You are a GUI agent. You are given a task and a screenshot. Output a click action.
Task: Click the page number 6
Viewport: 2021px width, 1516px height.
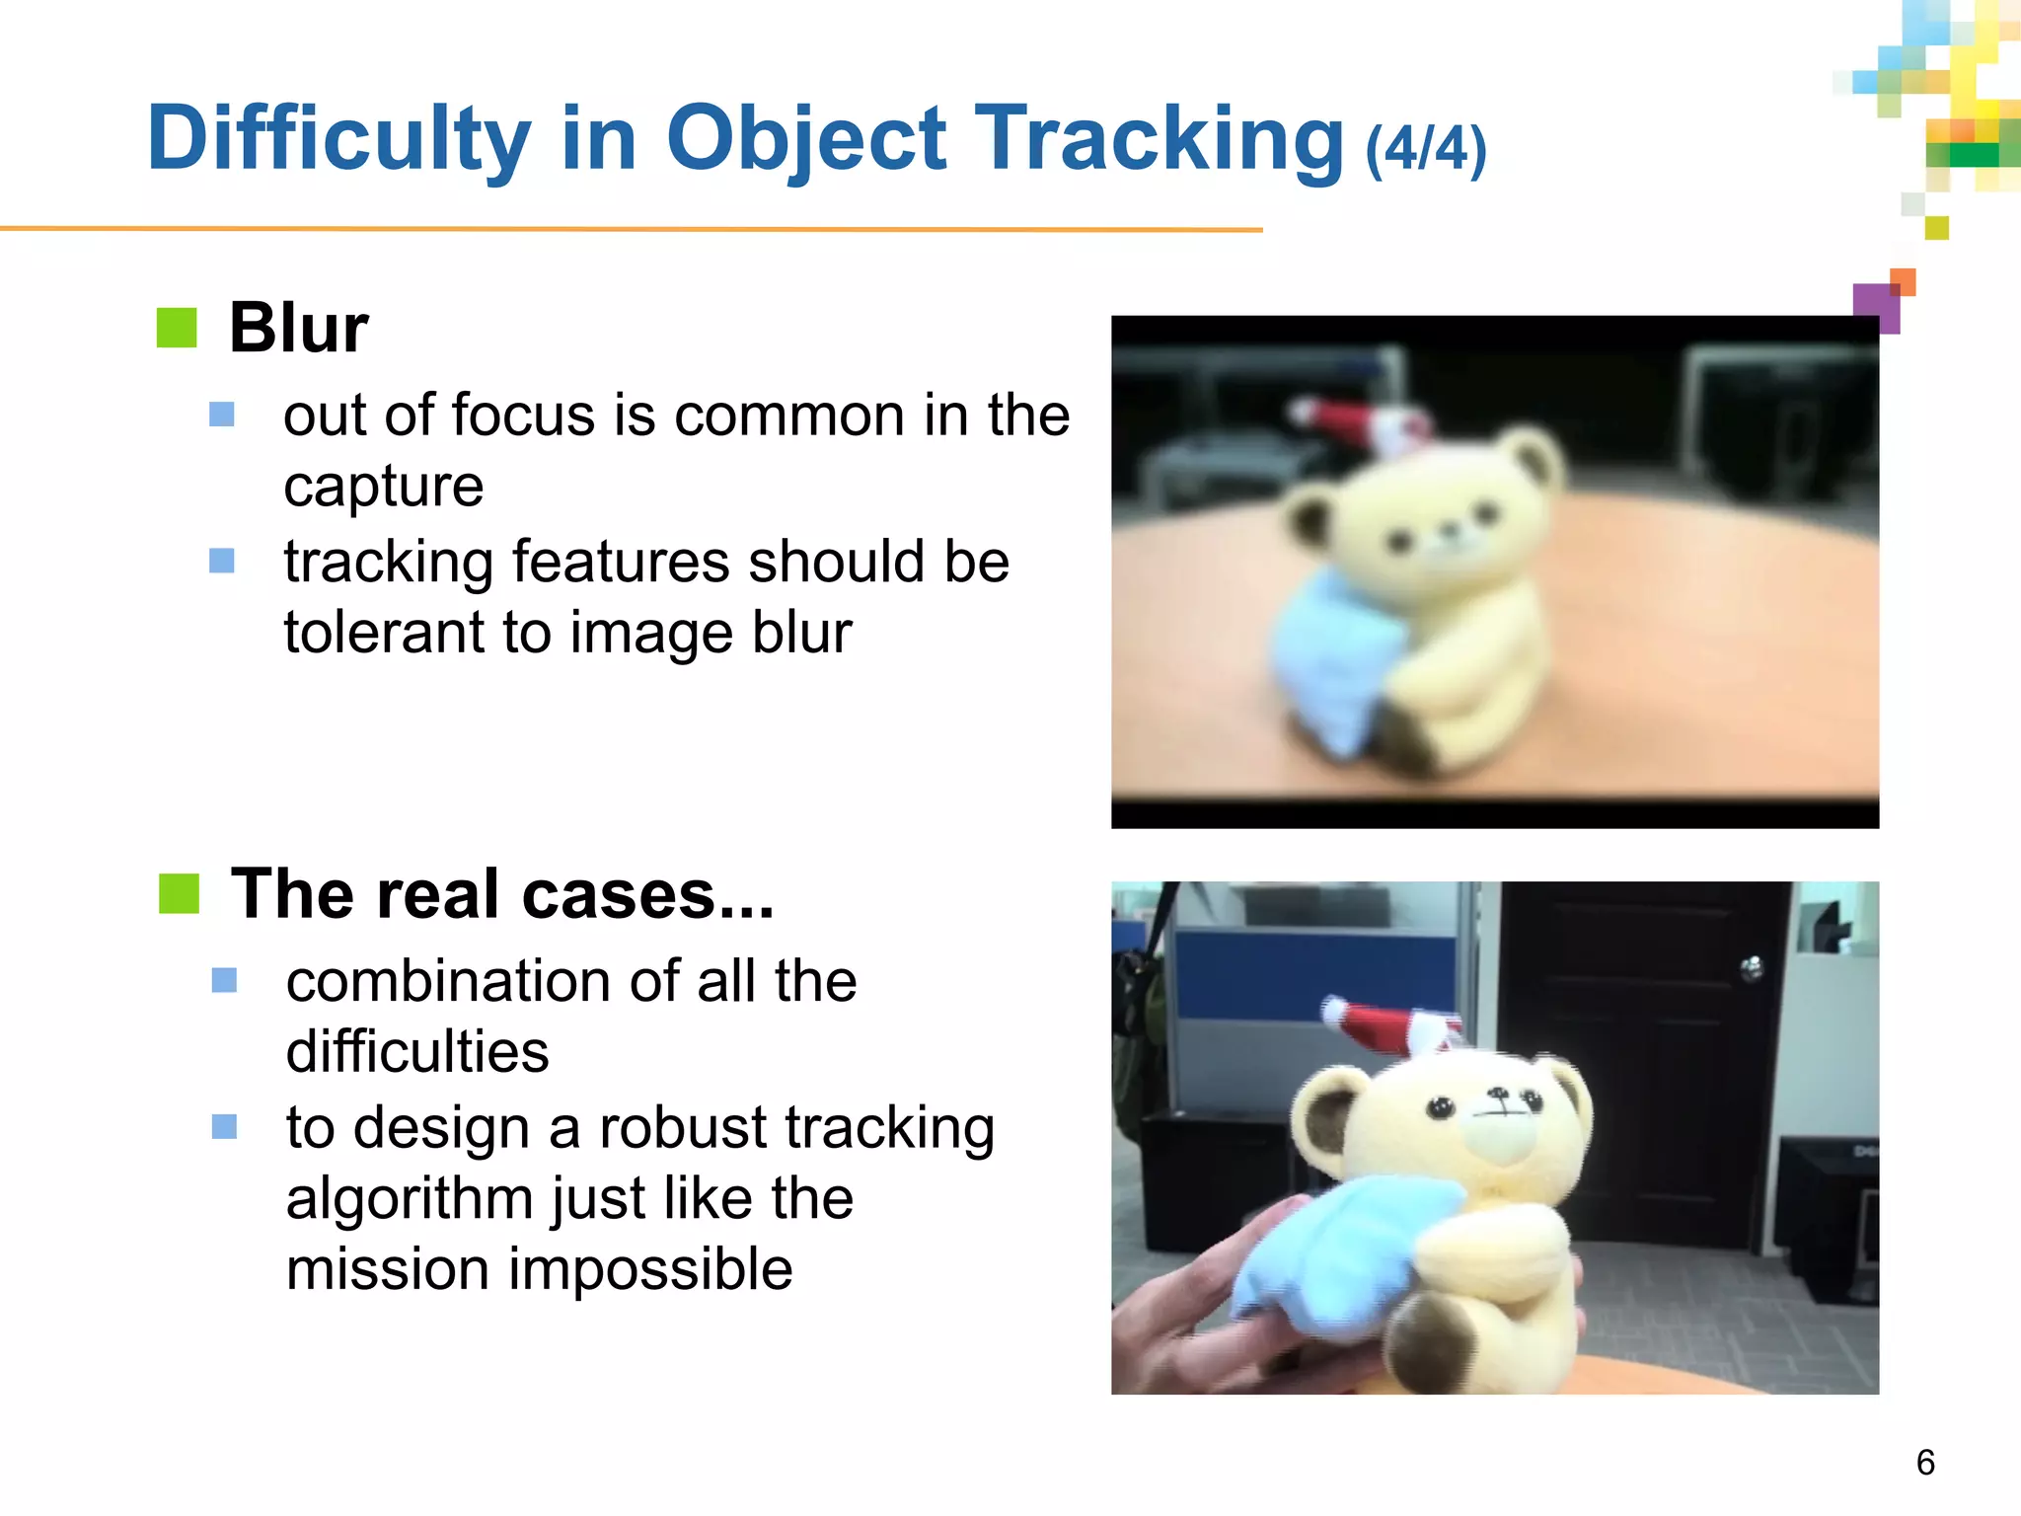click(1924, 1462)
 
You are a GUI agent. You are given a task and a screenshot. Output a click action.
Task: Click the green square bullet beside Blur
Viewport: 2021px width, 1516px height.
click(177, 328)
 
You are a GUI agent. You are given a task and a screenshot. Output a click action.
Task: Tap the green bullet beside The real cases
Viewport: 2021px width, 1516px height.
click(179, 893)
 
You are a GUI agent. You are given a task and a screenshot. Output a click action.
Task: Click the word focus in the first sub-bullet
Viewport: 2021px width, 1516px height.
click(526, 416)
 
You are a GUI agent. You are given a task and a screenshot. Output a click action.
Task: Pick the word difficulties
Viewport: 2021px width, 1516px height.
click(416, 1051)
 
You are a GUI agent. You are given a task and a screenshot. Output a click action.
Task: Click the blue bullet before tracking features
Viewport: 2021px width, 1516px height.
click(222, 561)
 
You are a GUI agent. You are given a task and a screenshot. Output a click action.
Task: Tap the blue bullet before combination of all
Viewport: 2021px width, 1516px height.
click(224, 980)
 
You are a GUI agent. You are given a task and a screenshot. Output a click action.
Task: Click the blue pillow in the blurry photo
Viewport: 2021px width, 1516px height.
click(1322, 661)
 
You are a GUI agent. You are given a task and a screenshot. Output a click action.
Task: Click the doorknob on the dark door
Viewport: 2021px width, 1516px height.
click(1753, 968)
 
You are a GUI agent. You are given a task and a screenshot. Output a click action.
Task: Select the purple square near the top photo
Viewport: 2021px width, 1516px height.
click(1875, 306)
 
